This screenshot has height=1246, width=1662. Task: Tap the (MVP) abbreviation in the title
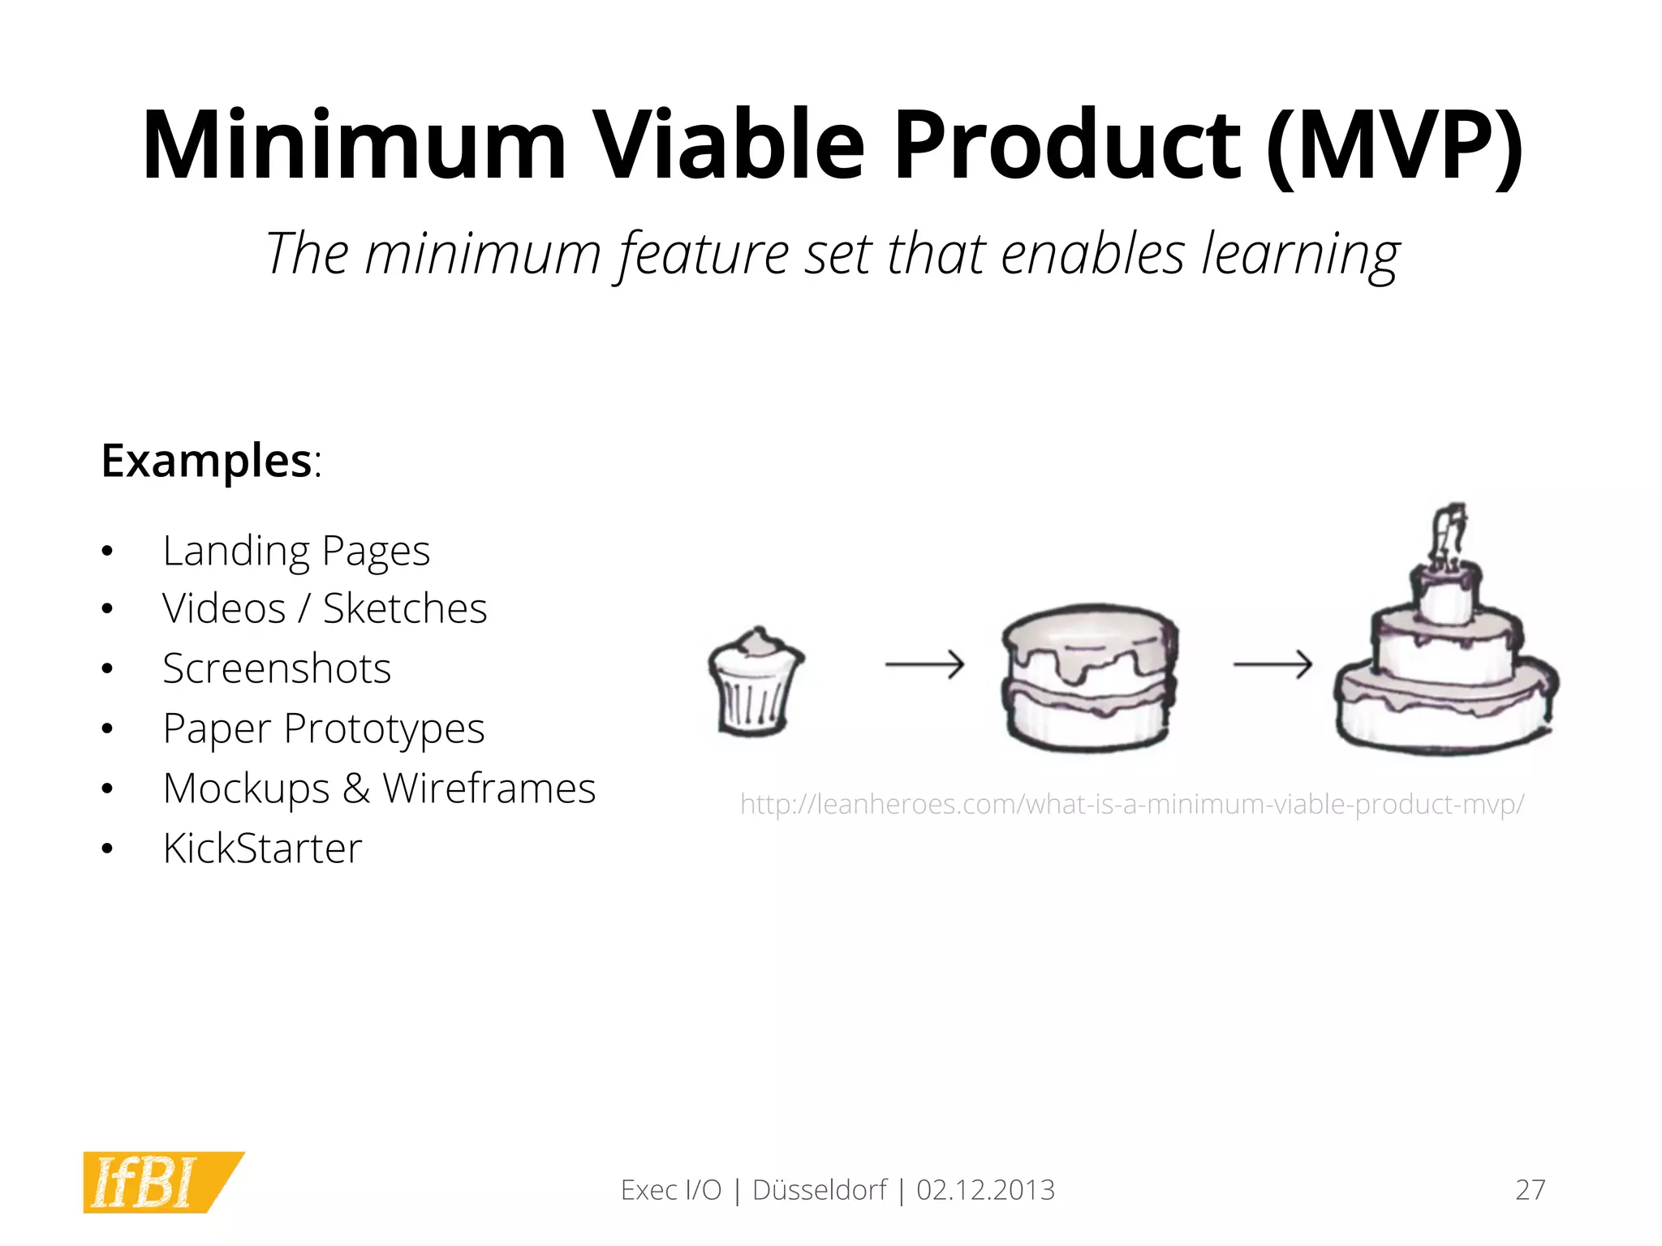(x=1393, y=146)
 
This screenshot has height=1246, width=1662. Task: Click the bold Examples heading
(x=206, y=461)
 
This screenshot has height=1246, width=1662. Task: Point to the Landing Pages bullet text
(x=296, y=552)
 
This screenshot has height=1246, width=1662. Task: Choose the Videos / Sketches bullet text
(x=325, y=608)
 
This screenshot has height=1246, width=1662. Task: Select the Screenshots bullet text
(x=277, y=668)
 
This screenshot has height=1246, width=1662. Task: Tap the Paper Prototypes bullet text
(x=324, y=728)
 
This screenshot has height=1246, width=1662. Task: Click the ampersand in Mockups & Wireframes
(x=355, y=788)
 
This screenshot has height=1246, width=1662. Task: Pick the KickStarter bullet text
(x=262, y=849)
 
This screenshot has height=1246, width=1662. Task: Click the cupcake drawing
(x=755, y=681)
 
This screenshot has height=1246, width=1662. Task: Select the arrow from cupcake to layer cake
(x=924, y=664)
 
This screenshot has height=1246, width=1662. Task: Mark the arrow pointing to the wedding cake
(x=1272, y=664)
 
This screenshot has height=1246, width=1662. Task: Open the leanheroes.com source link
(x=1132, y=804)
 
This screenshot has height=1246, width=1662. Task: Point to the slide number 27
(x=1530, y=1190)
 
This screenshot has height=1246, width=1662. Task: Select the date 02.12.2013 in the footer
(x=985, y=1190)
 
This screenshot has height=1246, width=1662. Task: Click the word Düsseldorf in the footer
(x=820, y=1190)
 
